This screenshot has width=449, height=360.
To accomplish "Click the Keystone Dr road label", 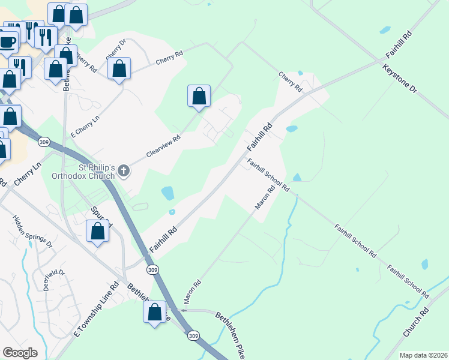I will coord(399,79).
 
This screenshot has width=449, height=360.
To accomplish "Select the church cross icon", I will coord(124,172).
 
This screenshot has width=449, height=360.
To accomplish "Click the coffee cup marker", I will coord(7,43).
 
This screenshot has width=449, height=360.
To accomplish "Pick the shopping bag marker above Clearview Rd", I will coord(199,96).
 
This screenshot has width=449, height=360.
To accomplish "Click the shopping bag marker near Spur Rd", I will coord(98,231).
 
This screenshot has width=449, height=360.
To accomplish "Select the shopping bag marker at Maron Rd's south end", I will coord(154,312).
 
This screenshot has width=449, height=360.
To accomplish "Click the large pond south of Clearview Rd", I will coord(167,193).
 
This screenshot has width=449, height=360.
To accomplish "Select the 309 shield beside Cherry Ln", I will coord(43,142).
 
